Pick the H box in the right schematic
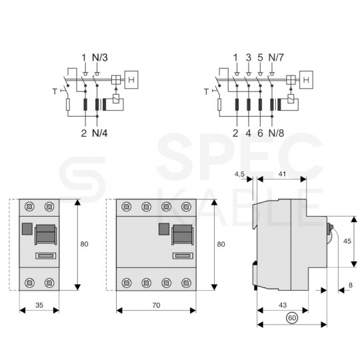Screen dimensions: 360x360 [x=307, y=81]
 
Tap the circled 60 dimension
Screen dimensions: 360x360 [x=291, y=319]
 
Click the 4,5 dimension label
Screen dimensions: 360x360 [x=240, y=174]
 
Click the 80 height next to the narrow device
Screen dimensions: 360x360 [x=84, y=244]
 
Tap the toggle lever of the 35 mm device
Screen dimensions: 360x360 [x=45, y=235]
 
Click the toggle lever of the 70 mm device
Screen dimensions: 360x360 [x=181, y=235]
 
